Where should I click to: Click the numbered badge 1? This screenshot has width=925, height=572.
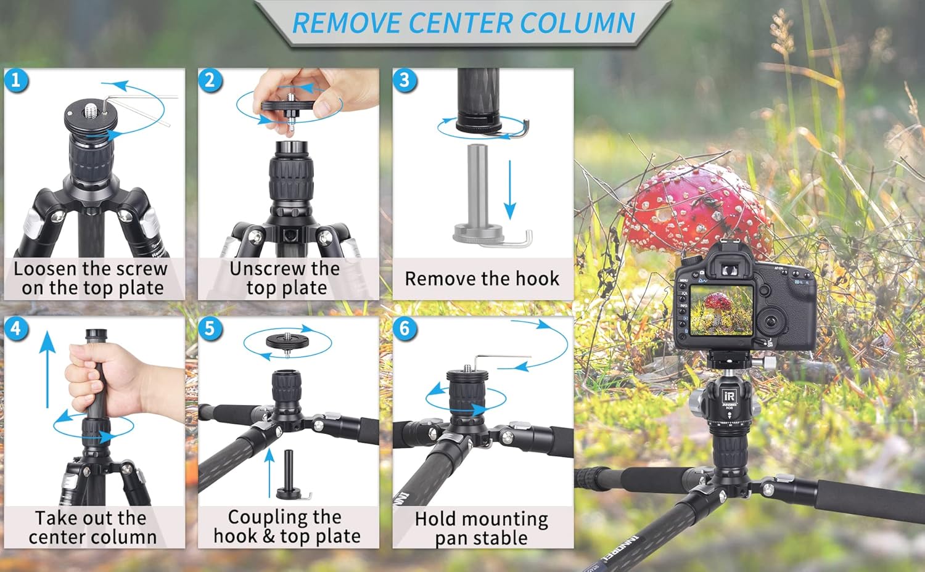coord(16,80)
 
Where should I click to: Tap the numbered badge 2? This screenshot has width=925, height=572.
coord(210,80)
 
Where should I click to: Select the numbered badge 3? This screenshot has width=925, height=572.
coord(405,80)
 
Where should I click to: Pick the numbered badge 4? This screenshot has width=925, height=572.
coord(16,329)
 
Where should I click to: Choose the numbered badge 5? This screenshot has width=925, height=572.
coord(210,329)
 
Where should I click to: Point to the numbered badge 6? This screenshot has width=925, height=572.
coord(405,329)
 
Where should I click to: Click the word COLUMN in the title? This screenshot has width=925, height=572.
coord(577,23)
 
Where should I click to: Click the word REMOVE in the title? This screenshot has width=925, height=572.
coord(347,23)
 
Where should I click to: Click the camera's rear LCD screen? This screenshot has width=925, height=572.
coord(721,311)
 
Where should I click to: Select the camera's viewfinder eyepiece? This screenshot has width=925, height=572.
coord(730,270)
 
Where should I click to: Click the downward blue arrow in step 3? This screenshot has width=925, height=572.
coord(510,190)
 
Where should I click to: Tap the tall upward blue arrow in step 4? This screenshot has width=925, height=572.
coord(47,369)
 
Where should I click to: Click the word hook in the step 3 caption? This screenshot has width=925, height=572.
coord(537,279)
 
